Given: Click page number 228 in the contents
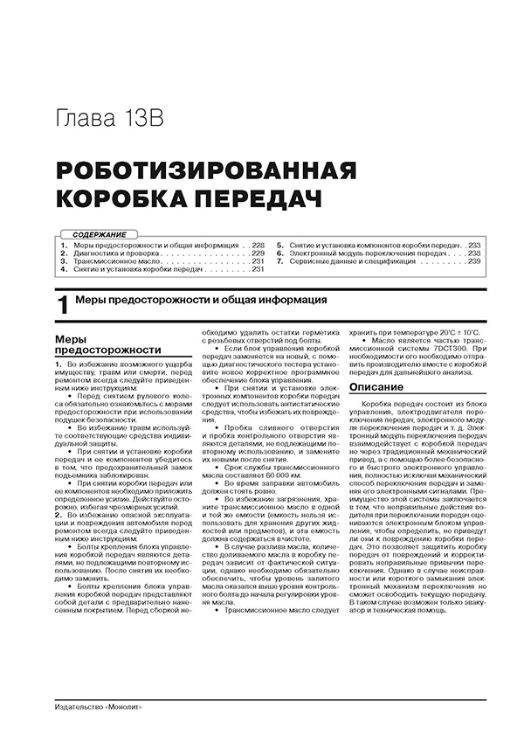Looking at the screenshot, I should coord(258,246).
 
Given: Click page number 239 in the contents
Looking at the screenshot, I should coord(474,261).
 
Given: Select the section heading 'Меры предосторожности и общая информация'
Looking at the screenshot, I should coord(201,300).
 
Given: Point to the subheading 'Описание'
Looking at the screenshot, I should coord(371,386).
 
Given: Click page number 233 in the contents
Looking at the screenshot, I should coord(474,246).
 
